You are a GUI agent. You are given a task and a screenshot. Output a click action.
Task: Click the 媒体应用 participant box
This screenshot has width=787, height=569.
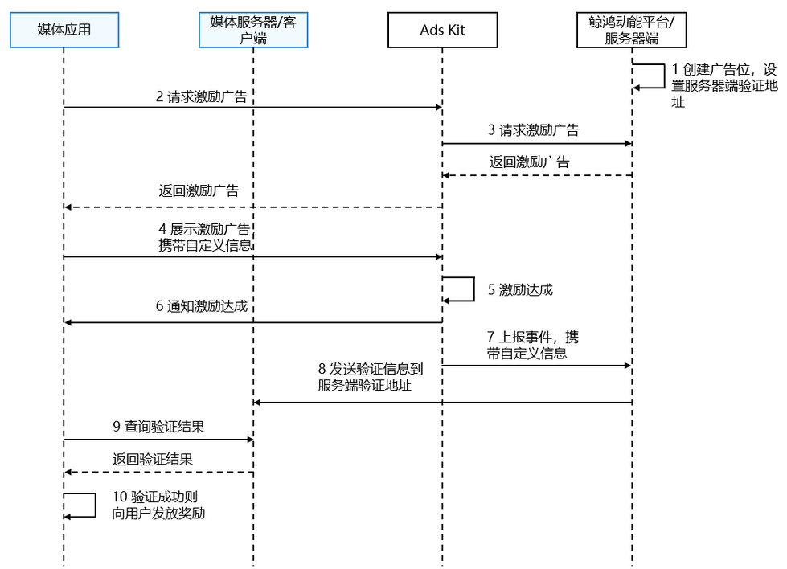click(x=64, y=30)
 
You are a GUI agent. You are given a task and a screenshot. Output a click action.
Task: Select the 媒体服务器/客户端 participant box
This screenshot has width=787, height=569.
click(x=253, y=30)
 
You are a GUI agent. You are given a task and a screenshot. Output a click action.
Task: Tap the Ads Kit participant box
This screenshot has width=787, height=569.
click(x=442, y=30)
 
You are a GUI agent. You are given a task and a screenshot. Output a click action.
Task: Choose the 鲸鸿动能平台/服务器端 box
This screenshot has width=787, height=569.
click(x=632, y=30)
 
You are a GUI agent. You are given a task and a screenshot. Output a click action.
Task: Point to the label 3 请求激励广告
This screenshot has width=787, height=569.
click(x=533, y=130)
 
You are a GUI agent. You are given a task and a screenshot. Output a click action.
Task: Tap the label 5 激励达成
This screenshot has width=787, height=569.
click(x=520, y=290)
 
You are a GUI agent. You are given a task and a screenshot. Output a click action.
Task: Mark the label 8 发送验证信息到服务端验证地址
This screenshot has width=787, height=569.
click(x=370, y=377)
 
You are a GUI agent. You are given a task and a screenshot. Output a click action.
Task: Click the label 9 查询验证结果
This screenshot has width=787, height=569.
click(x=158, y=427)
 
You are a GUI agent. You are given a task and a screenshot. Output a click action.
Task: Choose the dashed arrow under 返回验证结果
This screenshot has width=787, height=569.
click(x=158, y=473)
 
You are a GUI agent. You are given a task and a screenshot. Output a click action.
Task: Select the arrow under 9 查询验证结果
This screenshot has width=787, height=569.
click(x=158, y=440)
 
